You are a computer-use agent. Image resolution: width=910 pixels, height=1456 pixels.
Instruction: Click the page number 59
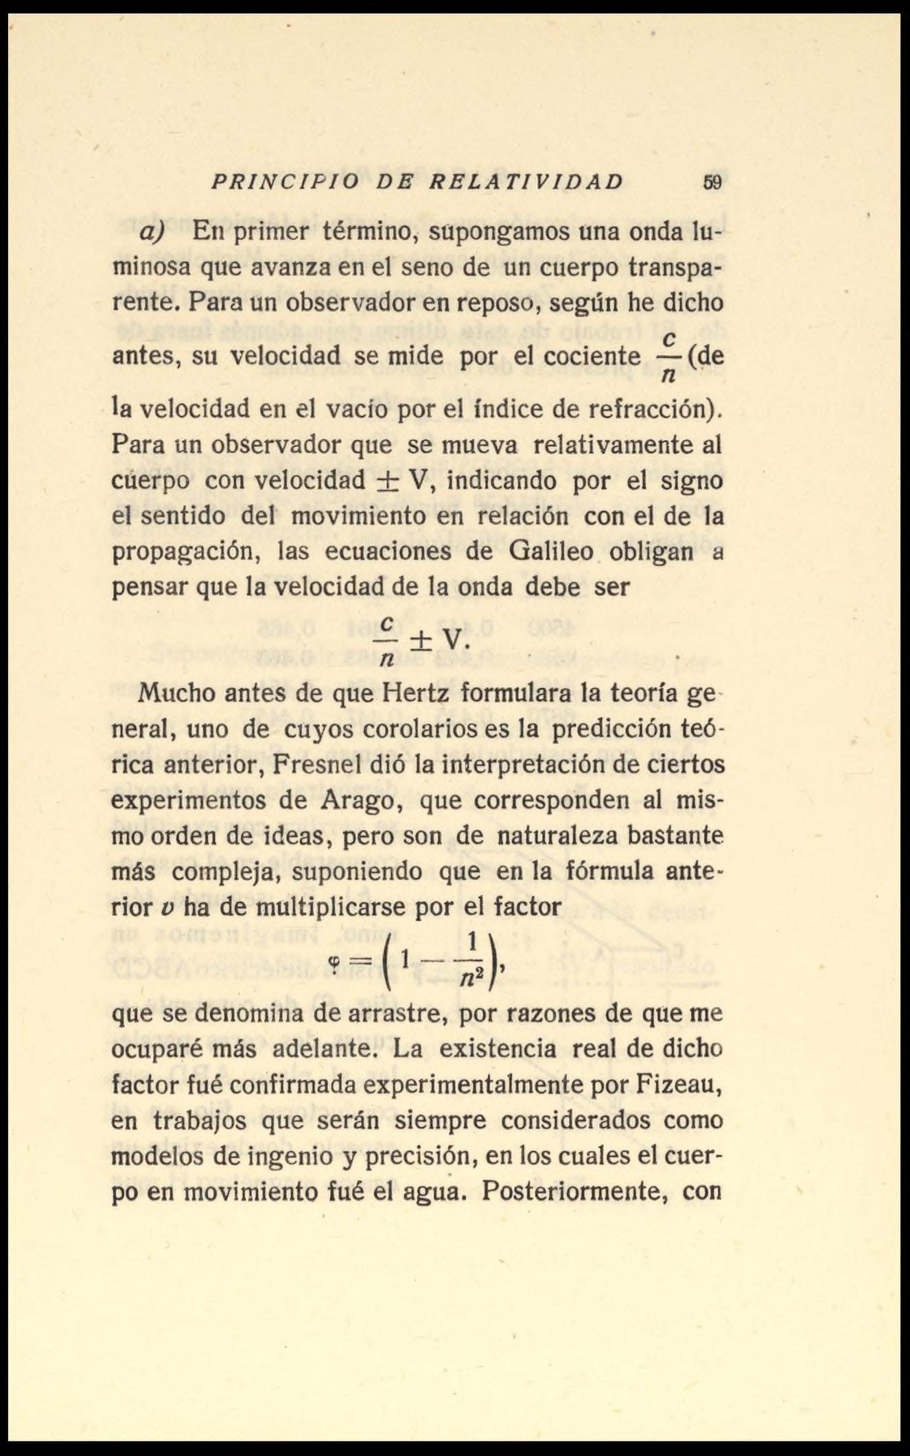coord(712,183)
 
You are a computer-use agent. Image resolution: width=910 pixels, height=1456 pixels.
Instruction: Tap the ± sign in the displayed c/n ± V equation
coord(421,640)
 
